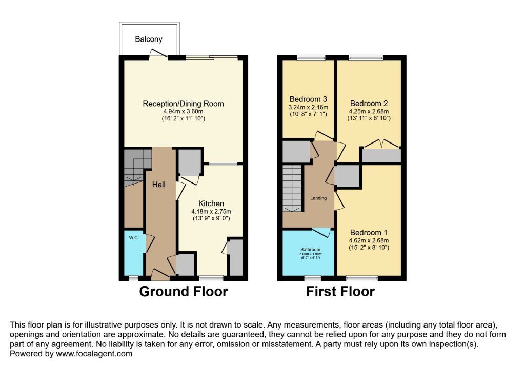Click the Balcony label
(149, 39)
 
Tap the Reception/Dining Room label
(183, 104)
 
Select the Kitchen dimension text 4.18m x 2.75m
(211, 212)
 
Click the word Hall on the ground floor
(159, 185)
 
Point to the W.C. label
(134, 238)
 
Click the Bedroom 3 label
(308, 99)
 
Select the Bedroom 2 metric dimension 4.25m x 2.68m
(369, 112)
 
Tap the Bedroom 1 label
(369, 232)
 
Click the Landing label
(318, 198)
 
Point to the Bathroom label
(310, 250)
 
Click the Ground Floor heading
(184, 291)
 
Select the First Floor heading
(340, 291)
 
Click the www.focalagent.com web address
(94, 354)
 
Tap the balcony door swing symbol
(158, 54)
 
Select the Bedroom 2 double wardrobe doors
(381, 144)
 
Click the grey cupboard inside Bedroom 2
(381, 156)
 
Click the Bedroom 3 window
(311, 57)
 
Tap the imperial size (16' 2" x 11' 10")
(183, 118)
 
